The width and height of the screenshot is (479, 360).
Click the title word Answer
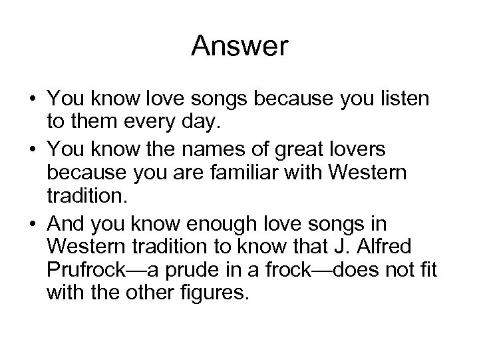tap(239, 46)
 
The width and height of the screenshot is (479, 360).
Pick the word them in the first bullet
tap(86, 121)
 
